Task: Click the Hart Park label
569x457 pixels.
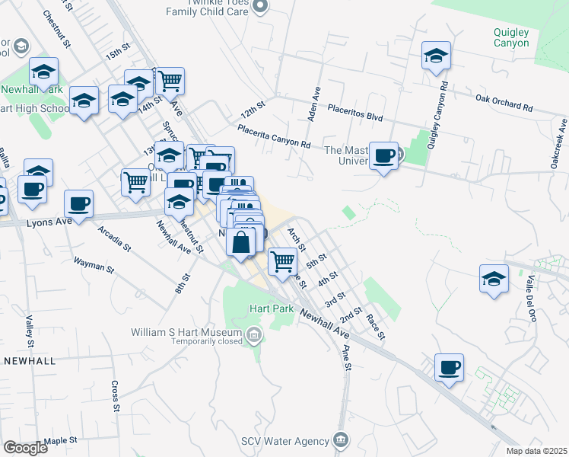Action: coord(265,309)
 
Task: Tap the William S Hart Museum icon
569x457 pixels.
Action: coord(254,333)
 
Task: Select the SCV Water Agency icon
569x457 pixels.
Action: coord(340,440)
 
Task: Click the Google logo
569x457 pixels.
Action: coord(25,447)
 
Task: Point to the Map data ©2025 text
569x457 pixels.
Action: coord(536,451)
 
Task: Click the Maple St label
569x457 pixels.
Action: coord(61,440)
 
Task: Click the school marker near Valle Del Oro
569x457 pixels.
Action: coord(494,279)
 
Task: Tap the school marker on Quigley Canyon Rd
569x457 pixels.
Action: coord(436,56)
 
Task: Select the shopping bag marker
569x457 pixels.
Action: coord(240,243)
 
